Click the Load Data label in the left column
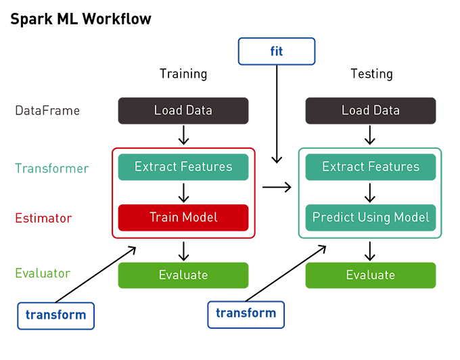point(182,110)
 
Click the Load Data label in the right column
point(370,110)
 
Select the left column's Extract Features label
point(183,166)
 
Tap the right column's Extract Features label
point(371,166)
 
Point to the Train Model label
point(183,218)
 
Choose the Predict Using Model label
point(371,218)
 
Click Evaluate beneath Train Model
point(183,275)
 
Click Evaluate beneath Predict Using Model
point(370,275)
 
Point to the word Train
point(163,218)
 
